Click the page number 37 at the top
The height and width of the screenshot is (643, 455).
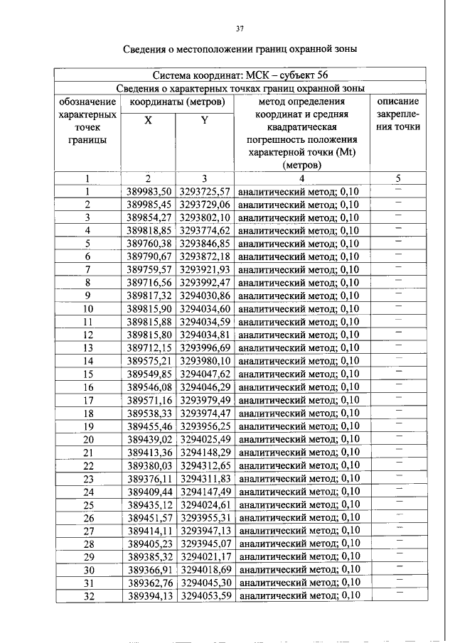[x=240, y=29]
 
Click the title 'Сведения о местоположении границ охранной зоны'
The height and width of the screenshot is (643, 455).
[x=240, y=49]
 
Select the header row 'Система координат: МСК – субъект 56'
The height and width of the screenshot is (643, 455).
[x=240, y=75]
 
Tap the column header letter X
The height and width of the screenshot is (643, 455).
[x=148, y=121]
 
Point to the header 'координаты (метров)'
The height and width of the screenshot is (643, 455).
[x=176, y=102]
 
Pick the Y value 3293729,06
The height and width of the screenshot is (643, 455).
[x=205, y=205]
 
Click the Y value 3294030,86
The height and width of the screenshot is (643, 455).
[x=205, y=296]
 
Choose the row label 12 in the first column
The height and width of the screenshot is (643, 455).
[x=88, y=335]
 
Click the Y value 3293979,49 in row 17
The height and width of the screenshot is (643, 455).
[x=205, y=400]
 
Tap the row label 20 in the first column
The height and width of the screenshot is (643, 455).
[x=88, y=439]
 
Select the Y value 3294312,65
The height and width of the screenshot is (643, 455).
[x=205, y=465]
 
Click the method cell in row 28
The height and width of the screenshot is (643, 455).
[x=299, y=544]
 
